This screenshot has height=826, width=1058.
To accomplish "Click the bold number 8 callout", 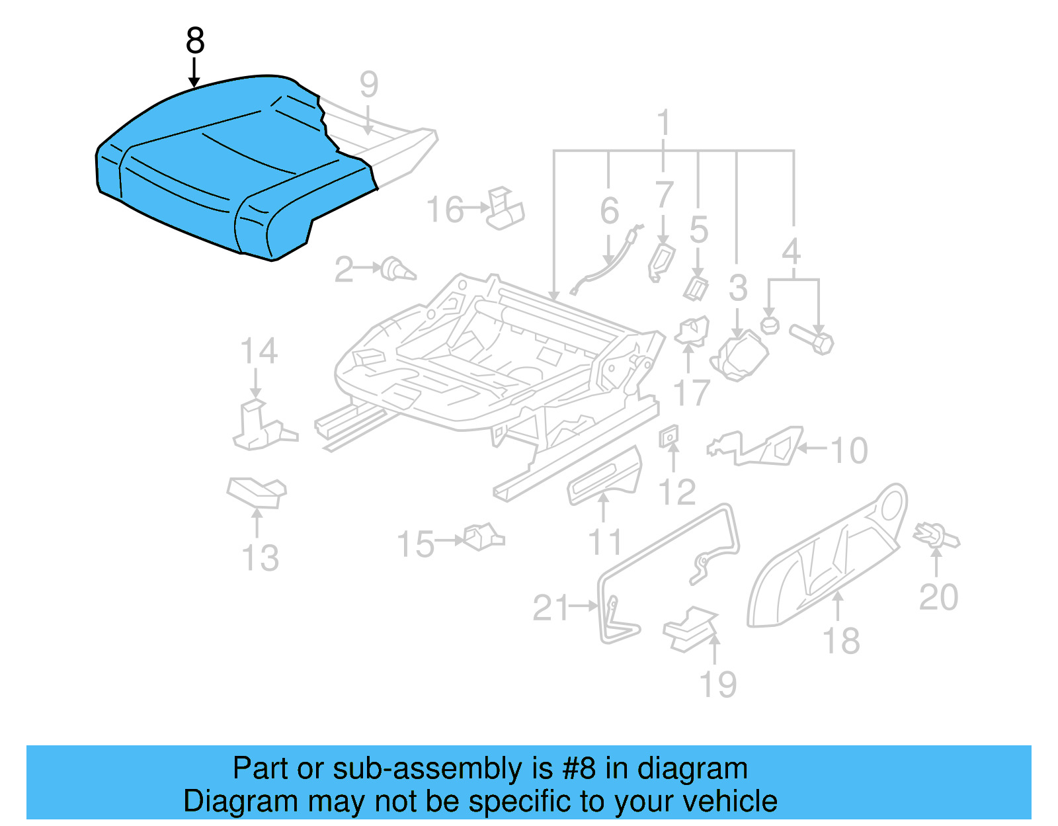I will (x=195, y=41).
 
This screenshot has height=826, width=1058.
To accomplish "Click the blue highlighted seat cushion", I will (x=225, y=172).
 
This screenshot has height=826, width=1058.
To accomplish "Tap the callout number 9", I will (x=369, y=85).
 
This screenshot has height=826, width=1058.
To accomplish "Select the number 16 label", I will (x=445, y=210).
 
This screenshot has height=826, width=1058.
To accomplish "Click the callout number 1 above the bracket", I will (x=664, y=124).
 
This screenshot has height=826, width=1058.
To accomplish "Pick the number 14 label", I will (x=259, y=351).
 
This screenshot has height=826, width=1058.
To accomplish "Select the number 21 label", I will (x=550, y=608).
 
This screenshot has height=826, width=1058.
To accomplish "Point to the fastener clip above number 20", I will (x=936, y=535).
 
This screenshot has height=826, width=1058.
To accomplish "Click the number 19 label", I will (x=718, y=684).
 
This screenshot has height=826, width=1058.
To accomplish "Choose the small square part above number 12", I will (x=669, y=436).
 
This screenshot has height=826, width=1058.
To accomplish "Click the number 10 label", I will (x=849, y=450).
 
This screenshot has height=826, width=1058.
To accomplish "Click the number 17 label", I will (x=692, y=393).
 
